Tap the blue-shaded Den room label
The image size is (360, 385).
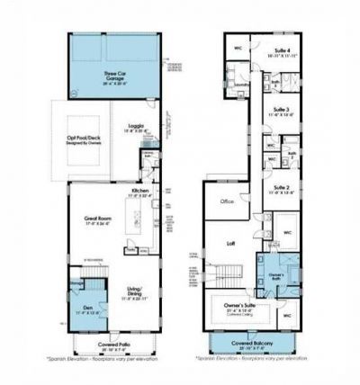[x=81, y=311]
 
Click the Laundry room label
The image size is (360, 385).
[x=241, y=85]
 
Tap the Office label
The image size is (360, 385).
[x=228, y=201]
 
